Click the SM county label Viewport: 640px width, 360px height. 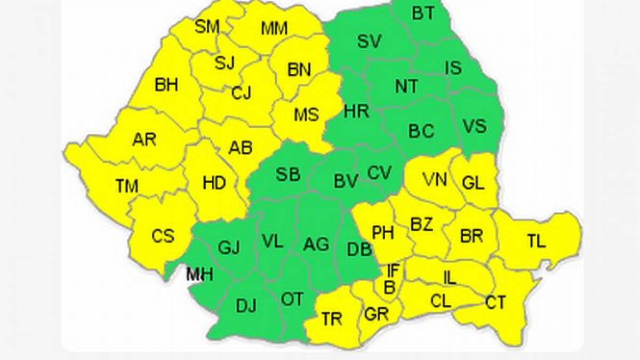[x=207, y=27]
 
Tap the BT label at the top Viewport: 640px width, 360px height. [x=423, y=13]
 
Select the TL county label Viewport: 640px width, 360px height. [x=537, y=241]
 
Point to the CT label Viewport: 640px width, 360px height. [x=495, y=303]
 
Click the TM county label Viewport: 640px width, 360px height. [x=127, y=186]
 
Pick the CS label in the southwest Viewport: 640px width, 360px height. [x=163, y=235]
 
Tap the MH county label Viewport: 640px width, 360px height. [x=199, y=274]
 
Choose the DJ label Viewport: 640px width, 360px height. [x=246, y=306]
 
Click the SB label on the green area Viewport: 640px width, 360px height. [x=288, y=174]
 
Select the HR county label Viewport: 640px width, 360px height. [x=356, y=111]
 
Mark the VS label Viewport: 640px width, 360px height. [x=474, y=126]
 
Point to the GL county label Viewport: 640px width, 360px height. [x=473, y=183]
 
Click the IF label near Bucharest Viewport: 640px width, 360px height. [x=393, y=270]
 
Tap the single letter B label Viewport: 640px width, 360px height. [x=389, y=287]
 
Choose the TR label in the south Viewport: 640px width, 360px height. [x=332, y=319]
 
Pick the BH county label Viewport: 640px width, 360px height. [x=166, y=85]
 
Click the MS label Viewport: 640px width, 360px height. [x=306, y=114]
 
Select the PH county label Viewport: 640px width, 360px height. [x=383, y=233]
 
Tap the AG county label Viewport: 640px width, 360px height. [x=316, y=244]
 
